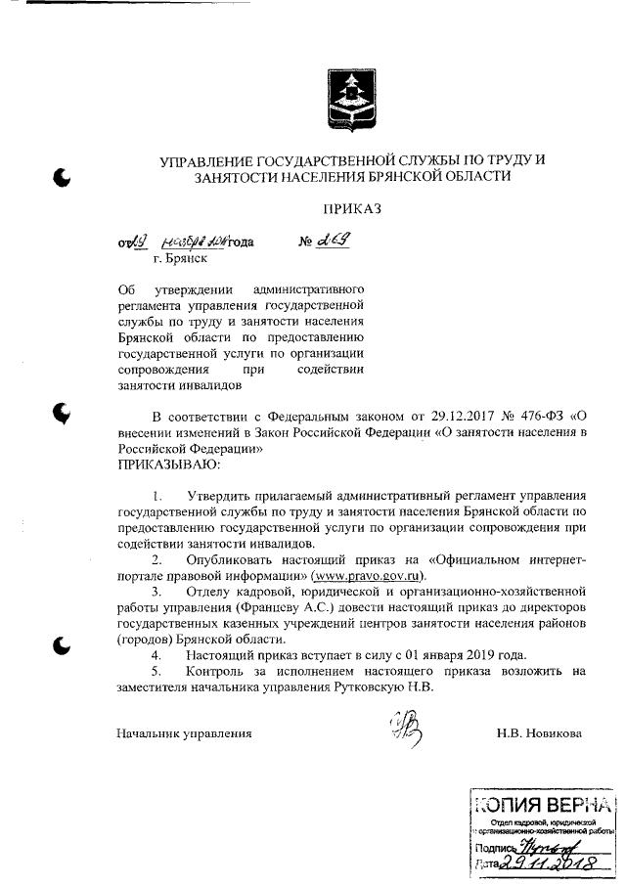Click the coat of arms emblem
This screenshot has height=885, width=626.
349,100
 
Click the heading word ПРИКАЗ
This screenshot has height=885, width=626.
351,209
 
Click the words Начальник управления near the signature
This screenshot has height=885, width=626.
184,732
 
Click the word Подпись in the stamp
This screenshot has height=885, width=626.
494,847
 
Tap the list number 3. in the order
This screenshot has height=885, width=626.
156,592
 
